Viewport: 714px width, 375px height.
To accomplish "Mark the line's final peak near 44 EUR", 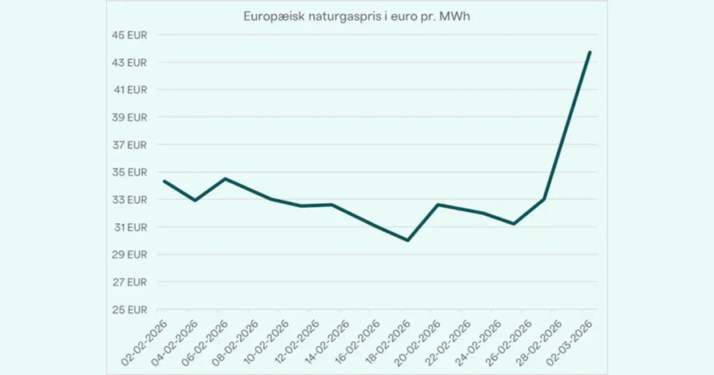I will pos(590,52).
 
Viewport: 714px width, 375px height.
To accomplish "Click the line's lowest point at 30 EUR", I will pos(407,240).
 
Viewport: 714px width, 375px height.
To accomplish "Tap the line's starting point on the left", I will pos(164,181).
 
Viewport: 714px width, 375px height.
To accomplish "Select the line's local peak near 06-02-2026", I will pos(225,178).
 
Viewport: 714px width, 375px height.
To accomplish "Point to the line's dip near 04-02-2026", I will pos(195,200).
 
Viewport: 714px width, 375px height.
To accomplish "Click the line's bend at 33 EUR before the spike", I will pos(544,199).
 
